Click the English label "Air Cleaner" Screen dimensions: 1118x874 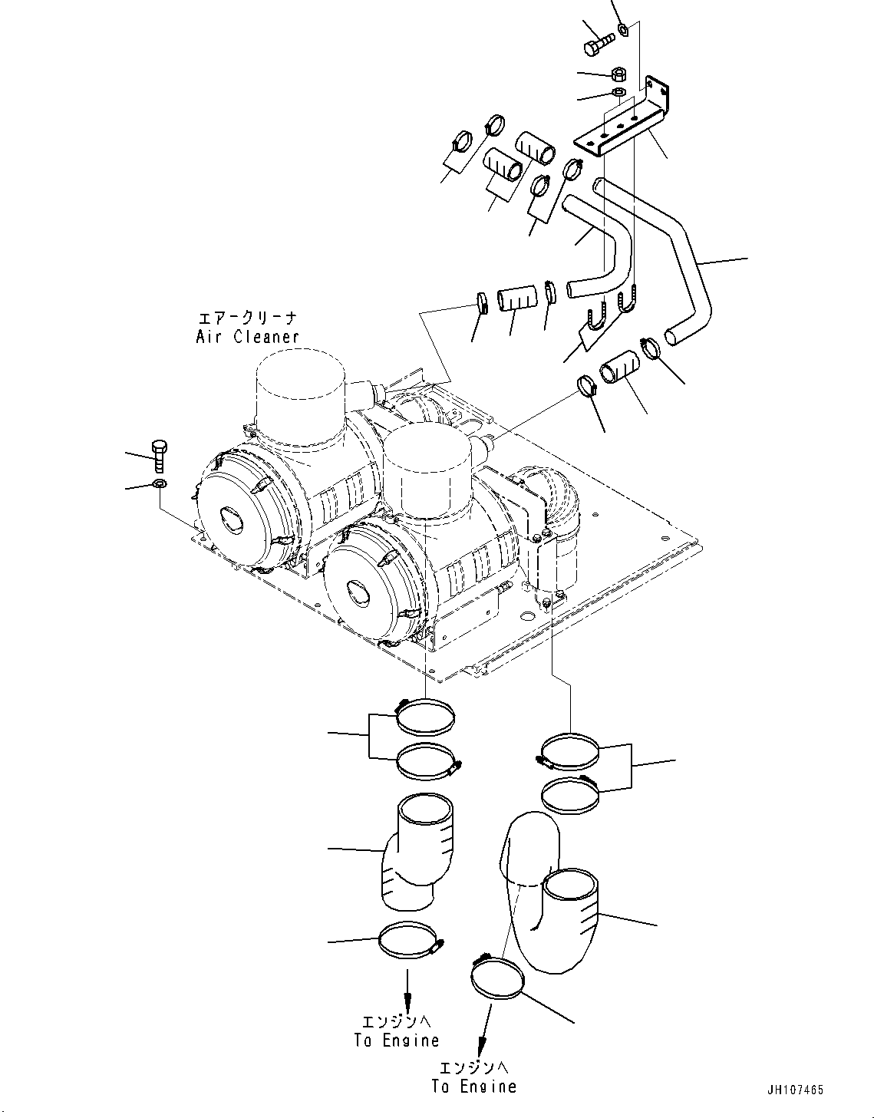pos(247,336)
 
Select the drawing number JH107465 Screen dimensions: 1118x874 pos(796,1090)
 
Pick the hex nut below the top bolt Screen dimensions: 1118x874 pos(619,74)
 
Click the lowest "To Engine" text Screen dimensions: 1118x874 pos(473,1086)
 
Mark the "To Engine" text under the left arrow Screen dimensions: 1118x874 pos(397,1040)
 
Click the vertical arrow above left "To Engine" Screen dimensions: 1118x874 pos(407,989)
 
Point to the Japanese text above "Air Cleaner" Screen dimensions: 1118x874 pos(247,318)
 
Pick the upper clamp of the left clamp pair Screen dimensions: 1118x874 pos(426,715)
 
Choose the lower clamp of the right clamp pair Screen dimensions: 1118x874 pos(571,793)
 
